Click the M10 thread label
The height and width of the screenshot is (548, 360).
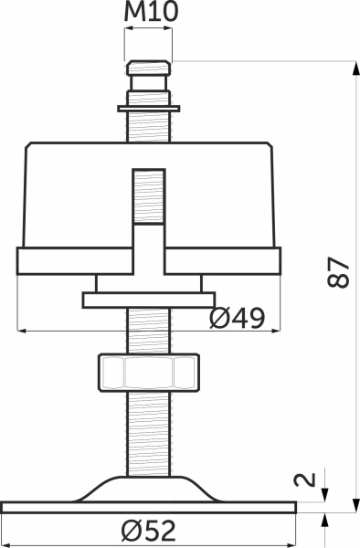(x=151, y=12)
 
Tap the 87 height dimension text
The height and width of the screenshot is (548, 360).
(x=338, y=272)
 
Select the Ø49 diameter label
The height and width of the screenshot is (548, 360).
(x=238, y=319)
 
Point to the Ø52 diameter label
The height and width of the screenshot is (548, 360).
(x=149, y=531)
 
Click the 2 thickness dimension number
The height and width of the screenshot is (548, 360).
(x=305, y=479)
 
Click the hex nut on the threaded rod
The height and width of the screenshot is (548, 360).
(x=149, y=373)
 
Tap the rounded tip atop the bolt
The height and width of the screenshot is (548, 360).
(x=149, y=68)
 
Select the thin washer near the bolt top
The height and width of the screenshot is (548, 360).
(x=149, y=109)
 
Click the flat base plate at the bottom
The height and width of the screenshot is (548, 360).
(x=149, y=508)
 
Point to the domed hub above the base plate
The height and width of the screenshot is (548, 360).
(x=149, y=489)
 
